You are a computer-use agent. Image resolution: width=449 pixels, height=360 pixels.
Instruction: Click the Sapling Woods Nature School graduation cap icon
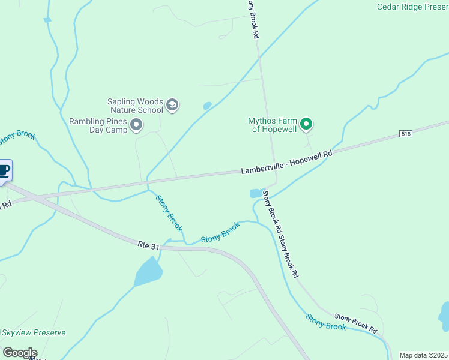(172, 106)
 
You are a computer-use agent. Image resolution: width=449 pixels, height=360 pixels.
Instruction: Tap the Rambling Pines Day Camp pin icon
(136, 125)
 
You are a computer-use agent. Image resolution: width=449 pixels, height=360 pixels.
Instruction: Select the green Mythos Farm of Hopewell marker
(306, 124)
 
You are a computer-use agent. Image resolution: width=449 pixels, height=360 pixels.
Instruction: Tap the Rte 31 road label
(149, 245)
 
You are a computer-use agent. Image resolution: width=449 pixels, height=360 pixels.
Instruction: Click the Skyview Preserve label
(33, 332)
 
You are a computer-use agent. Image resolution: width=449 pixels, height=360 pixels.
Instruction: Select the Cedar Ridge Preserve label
(412, 7)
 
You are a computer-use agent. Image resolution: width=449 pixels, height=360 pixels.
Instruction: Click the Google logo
(20, 353)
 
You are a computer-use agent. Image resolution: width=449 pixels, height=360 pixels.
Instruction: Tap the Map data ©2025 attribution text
(423, 355)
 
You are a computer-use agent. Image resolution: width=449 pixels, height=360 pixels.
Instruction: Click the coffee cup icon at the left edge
(4, 171)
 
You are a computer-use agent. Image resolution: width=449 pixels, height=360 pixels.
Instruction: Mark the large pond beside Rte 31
(148, 272)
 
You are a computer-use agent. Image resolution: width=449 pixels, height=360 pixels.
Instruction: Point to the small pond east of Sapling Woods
(208, 106)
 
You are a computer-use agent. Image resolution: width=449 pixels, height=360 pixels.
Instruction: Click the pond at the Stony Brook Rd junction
(256, 193)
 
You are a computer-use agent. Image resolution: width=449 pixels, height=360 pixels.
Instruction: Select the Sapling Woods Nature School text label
(136, 106)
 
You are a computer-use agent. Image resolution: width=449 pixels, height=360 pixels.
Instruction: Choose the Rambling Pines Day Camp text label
(98, 125)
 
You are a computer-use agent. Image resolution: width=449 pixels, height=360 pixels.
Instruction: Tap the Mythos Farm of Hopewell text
(273, 124)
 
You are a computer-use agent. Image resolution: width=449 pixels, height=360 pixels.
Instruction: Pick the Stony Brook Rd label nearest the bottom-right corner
(355, 322)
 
